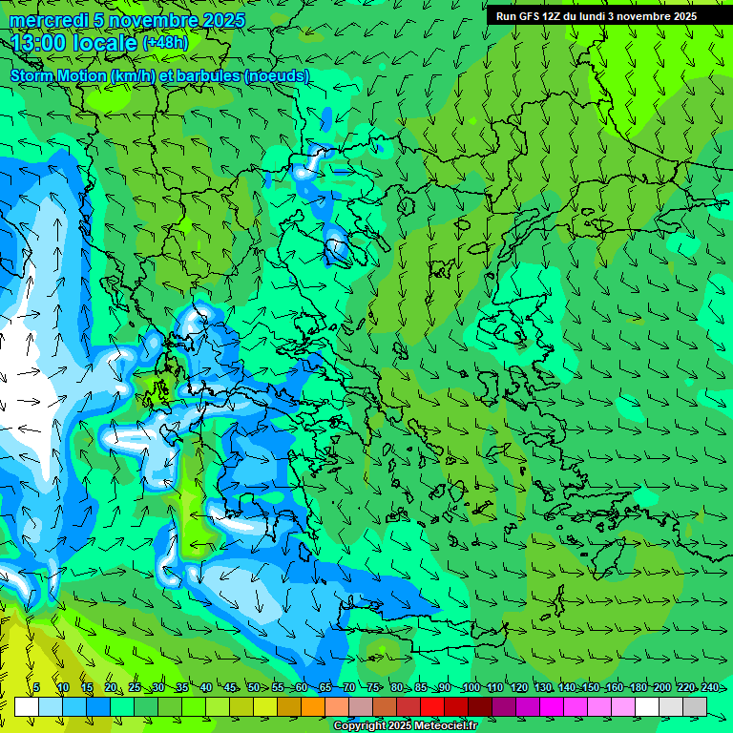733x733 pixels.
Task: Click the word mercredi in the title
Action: [x=49, y=20]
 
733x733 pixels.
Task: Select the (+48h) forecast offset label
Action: [x=165, y=42]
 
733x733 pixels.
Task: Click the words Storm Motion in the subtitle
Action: [x=58, y=75]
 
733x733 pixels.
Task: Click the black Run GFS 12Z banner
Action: [x=597, y=16]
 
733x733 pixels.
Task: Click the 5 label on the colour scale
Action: [x=36, y=688]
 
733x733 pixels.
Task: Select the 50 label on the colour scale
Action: [x=253, y=688]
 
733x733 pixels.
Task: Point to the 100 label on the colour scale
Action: [x=470, y=688]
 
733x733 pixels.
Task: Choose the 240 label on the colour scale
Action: [x=710, y=688]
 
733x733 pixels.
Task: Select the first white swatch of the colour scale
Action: [x=27, y=706]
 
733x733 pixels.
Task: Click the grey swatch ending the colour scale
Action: [x=695, y=706]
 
